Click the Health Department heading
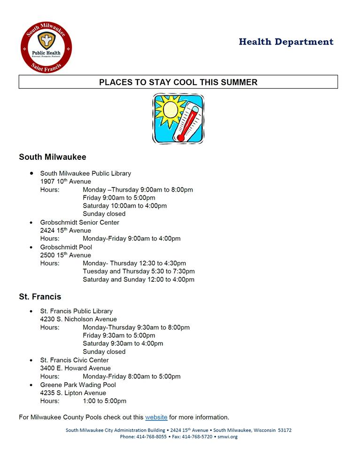pyautogui.click(x=286, y=42)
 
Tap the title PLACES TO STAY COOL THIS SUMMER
pyautogui.click(x=178, y=82)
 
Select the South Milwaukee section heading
pyautogui.click(x=53, y=157)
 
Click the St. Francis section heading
pyautogui.click(x=40, y=297)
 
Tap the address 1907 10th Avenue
pyautogui.click(x=66, y=181)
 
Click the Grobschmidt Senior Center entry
pyautogui.click(x=79, y=222)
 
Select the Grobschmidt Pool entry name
pyautogui.click(x=66, y=247)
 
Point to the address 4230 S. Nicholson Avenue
pyautogui.click(x=78, y=319)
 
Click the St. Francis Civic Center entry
pyautogui.click(x=74, y=360)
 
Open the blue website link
pyautogui.click(x=156, y=417)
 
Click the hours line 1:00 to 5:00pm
pyautogui.click(x=105, y=401)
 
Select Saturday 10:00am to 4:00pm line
pyautogui.click(x=124, y=206)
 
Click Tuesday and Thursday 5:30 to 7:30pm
pyautogui.click(x=138, y=271)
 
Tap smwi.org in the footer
pyautogui.click(x=228, y=437)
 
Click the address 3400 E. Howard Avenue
pyautogui.click(x=75, y=368)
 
